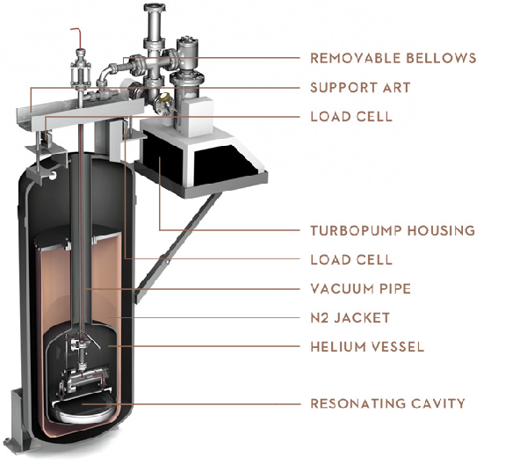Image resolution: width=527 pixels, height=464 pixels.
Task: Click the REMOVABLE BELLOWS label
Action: pos(393,58)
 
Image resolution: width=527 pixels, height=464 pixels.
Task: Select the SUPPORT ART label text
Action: pos(360,88)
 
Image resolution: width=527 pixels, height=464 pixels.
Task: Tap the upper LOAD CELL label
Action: pos(350,116)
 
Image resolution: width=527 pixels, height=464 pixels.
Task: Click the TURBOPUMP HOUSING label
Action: pos(393,230)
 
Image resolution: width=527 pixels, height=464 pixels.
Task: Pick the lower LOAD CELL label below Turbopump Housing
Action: pos(350,259)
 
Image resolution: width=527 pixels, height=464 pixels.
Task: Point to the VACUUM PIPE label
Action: pos(360,288)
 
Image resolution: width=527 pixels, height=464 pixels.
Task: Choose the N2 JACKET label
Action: pos(350,317)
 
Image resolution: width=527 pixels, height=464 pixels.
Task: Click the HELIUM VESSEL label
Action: pos(367,346)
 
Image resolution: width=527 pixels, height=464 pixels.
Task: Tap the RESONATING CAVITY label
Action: pos(387,403)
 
